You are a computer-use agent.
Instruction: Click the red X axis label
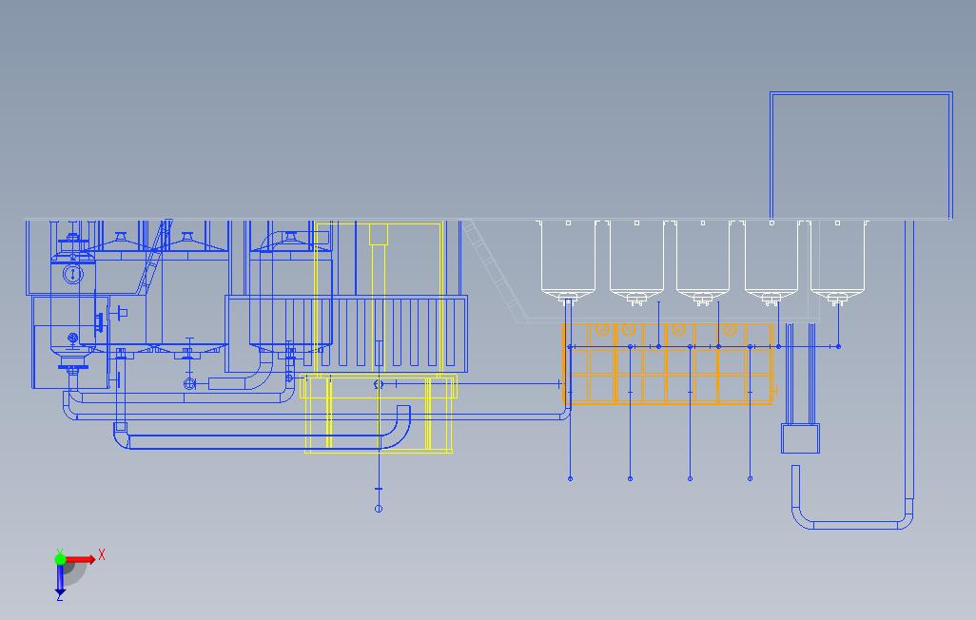(102, 554)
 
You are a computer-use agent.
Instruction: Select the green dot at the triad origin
(60, 559)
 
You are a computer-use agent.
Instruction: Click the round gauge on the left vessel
(73, 274)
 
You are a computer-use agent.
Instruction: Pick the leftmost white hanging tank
(568, 262)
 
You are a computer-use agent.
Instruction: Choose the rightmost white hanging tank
(837, 262)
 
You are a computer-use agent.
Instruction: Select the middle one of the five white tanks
(703, 262)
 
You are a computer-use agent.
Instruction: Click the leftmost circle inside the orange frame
(602, 329)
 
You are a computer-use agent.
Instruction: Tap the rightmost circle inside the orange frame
(731, 329)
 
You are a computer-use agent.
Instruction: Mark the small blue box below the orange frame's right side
(800, 438)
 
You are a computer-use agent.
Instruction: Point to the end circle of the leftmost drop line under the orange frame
(570, 478)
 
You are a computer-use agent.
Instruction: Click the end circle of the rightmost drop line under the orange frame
(750, 478)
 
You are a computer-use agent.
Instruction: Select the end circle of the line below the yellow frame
(379, 509)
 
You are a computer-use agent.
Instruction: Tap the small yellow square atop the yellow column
(379, 234)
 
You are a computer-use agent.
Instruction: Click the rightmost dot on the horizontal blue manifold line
(838, 346)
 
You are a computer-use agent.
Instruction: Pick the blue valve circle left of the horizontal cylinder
(190, 384)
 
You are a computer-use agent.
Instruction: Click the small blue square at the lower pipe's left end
(121, 427)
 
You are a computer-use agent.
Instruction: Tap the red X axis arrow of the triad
(81, 559)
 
